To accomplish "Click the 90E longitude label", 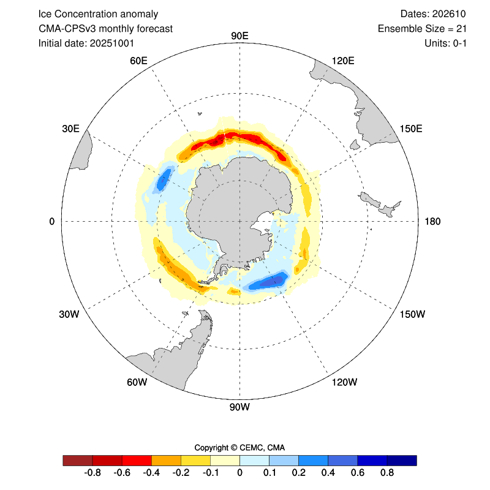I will pyautogui.click(x=239, y=36).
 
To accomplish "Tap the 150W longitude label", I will pyautogui.click(x=412, y=314).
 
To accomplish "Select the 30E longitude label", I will pyautogui.click(x=71, y=128).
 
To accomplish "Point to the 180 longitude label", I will pyautogui.click(x=432, y=221).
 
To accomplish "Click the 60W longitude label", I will pyautogui.click(x=137, y=382).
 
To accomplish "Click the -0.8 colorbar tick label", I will pyautogui.click(x=92, y=473).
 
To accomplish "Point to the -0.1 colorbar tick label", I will pyautogui.click(x=210, y=473).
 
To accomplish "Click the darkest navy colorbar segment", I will pyautogui.click(x=402, y=460).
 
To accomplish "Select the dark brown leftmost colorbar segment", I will pyautogui.click(x=78, y=460).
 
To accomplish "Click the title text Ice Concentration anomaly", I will pyautogui.click(x=98, y=13).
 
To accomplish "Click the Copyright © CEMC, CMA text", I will pyautogui.click(x=239, y=447).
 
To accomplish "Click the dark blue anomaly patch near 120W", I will pyautogui.click(x=269, y=281).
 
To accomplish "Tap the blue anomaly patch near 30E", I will pyautogui.click(x=164, y=179).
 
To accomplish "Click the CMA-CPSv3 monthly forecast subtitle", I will pyautogui.click(x=105, y=28).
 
